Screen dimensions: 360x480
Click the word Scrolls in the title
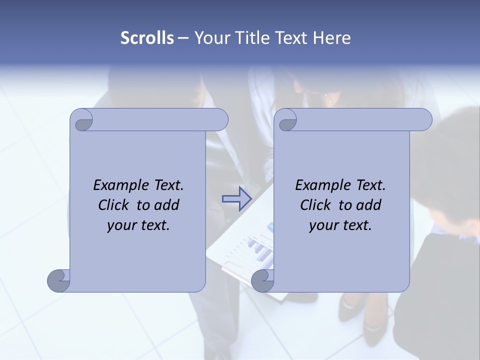click(x=147, y=38)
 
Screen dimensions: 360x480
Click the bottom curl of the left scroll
click(x=58, y=280)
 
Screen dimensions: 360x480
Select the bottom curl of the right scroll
click(x=262, y=281)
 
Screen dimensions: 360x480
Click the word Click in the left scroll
click(x=114, y=205)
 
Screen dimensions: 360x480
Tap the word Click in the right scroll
click(x=316, y=205)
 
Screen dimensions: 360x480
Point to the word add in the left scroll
click(x=167, y=205)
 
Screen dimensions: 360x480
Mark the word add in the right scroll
click(x=369, y=205)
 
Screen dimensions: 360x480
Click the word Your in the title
click(x=210, y=38)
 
